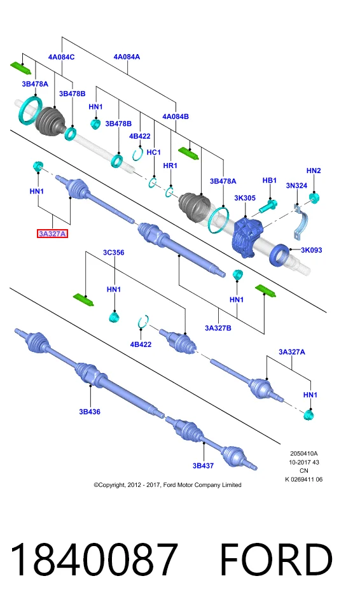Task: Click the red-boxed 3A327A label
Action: tap(53, 234)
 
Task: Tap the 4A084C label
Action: tap(62, 57)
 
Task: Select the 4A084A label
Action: tap(127, 57)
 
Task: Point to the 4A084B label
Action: tap(176, 116)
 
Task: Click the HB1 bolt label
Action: tap(269, 180)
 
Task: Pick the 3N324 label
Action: tap(296, 186)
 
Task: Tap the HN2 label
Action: tap(314, 171)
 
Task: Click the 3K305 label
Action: tap(245, 198)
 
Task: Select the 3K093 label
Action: tap(311, 250)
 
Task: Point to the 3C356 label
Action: tap(113, 253)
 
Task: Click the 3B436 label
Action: tap(90, 412)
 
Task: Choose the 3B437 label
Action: tap(203, 465)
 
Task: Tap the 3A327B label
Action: tap(218, 328)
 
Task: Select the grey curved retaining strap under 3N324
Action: tap(301, 225)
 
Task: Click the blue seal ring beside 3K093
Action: tap(280, 255)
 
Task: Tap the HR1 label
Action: tap(170, 165)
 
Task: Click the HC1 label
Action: tap(153, 152)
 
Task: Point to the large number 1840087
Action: tap(94, 560)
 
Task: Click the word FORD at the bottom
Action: tap(277, 560)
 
